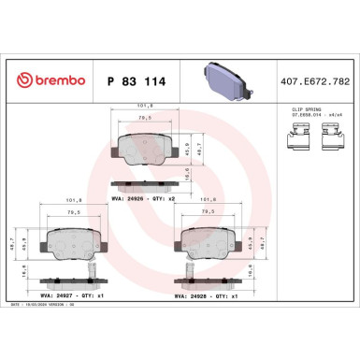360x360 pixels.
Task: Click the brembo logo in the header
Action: click(x=47, y=80)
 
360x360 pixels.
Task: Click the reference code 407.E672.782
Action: click(x=318, y=81)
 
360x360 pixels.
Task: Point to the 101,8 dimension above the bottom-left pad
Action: click(x=69, y=199)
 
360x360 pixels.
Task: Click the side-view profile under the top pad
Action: click(x=142, y=187)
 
